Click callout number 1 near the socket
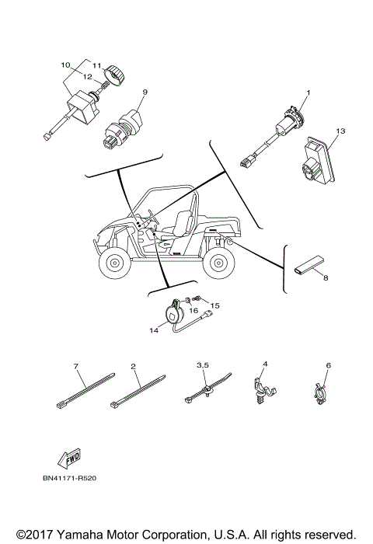tap(308, 93)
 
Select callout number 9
tap(144, 92)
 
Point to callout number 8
tap(326, 277)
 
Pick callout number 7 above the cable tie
tap(77, 366)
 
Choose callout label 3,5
tap(204, 364)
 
